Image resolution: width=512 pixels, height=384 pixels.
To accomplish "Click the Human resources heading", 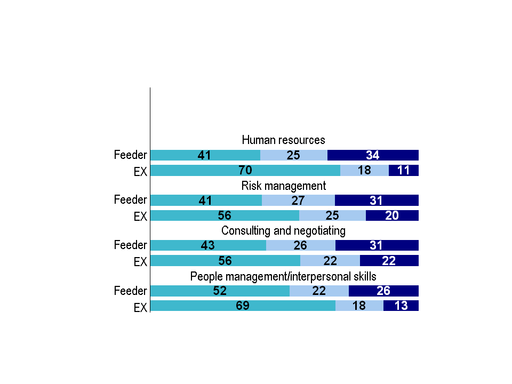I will coord(283,140).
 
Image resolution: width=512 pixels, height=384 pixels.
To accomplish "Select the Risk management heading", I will coord(283,186).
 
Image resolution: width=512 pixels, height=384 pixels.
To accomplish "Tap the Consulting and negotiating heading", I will coord(283,231).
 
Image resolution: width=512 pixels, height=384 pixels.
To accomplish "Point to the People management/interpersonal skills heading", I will coord(283,277).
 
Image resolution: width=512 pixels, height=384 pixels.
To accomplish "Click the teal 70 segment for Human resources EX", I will coord(245,171).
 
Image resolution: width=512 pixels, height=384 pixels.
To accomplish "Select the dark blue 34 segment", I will coord(373,155).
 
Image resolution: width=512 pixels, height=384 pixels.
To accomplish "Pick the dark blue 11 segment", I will coord(404,171).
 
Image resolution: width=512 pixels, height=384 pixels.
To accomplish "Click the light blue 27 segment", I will coord(298,201).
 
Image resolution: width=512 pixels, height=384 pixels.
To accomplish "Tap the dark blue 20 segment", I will coord(392,215).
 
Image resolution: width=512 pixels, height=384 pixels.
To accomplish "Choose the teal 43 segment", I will coord(208,245).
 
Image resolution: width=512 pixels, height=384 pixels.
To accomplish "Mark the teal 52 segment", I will coord(220,291).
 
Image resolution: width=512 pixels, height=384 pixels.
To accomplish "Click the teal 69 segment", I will coord(243,306).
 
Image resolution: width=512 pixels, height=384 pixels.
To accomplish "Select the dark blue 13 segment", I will coord(401,306).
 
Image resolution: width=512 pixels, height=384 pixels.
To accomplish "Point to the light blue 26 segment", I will coord(301,245).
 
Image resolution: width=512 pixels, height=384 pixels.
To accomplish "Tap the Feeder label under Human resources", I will coord(130,155).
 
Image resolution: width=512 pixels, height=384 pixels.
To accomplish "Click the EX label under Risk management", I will coord(140,217).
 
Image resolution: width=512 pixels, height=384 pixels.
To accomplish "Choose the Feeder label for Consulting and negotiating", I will coord(130,245).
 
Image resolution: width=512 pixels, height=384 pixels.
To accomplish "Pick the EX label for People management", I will coord(140,308).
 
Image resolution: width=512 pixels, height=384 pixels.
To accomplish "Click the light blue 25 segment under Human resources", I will coord(294,155).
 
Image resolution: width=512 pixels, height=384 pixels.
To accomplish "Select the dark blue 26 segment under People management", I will coord(383,291).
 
